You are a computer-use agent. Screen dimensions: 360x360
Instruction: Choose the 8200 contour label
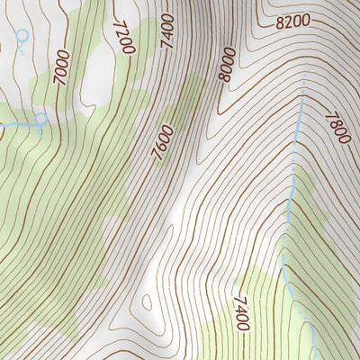pos(292,21)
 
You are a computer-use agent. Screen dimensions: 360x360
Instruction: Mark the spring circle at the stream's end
pos(40,118)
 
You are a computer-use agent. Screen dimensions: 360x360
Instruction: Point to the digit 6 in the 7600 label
pos(163,148)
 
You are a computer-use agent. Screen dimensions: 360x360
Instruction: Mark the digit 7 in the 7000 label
pos(64,84)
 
